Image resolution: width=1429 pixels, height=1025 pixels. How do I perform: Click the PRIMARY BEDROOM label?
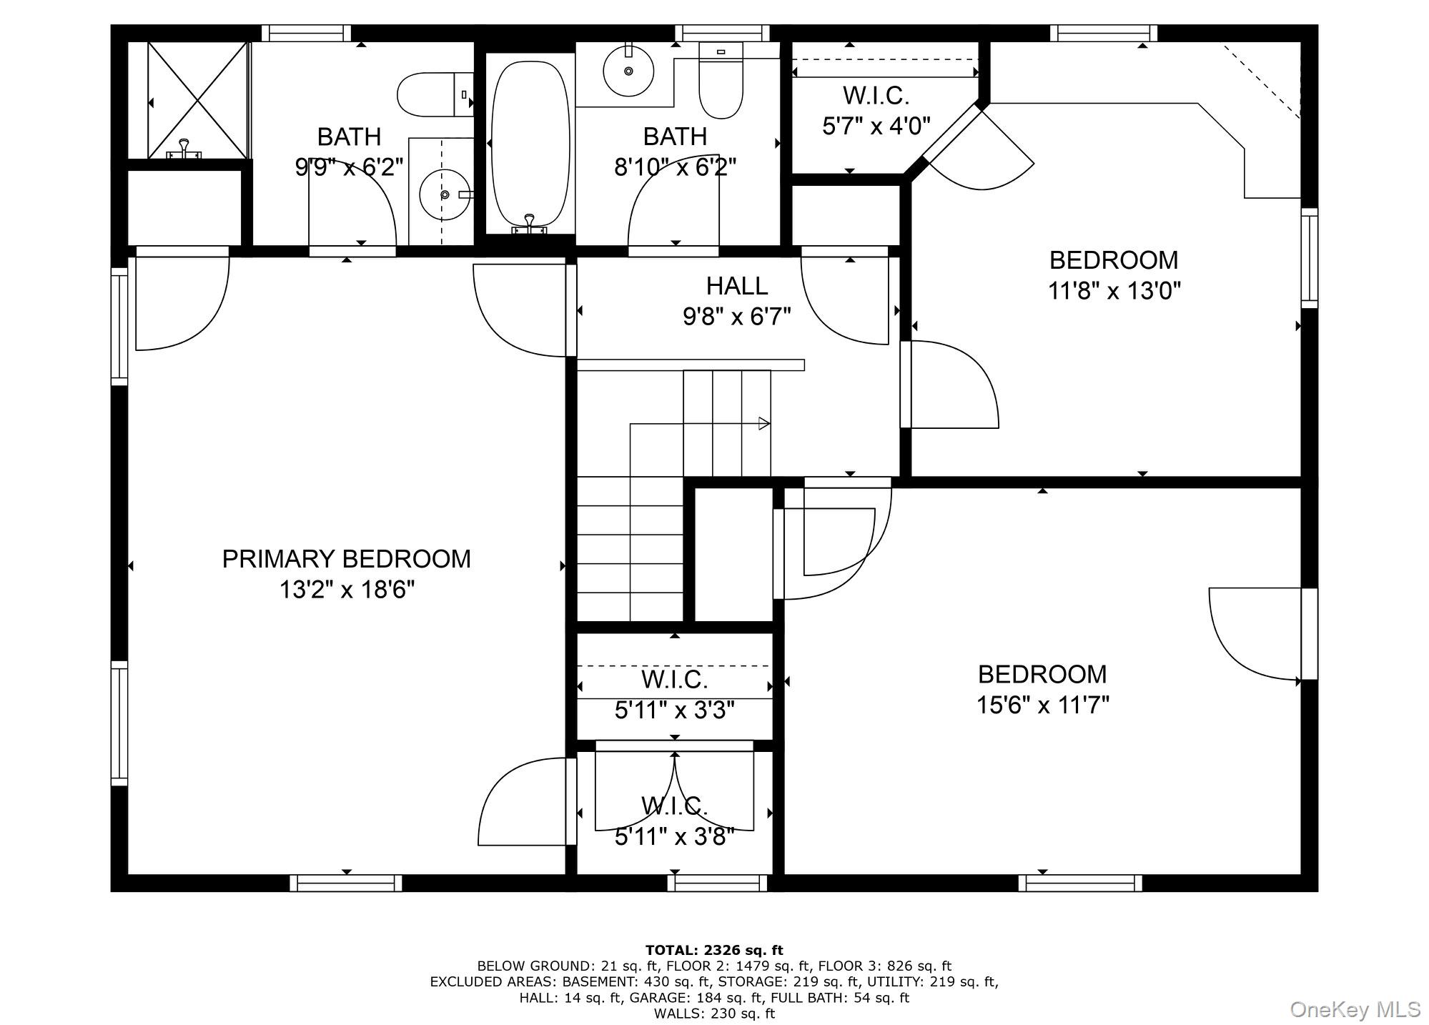pyautogui.click(x=346, y=559)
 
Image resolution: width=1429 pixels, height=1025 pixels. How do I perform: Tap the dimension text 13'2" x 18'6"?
pyautogui.click(x=347, y=590)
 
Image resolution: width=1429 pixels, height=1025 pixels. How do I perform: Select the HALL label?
pyautogui.click(x=736, y=286)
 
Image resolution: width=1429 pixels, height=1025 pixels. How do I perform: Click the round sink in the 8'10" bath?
pyautogui.click(x=628, y=71)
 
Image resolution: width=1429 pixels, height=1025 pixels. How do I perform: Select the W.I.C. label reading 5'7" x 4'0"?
pyautogui.click(x=876, y=95)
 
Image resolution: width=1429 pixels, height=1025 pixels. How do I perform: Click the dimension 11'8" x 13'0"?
pyautogui.click(x=1114, y=291)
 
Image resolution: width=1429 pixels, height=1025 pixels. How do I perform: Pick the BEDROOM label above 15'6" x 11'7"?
pyautogui.click(x=1042, y=674)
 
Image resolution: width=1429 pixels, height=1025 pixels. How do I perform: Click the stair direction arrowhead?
pyautogui.click(x=764, y=423)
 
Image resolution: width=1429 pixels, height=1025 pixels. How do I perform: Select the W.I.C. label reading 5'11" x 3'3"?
pyautogui.click(x=674, y=679)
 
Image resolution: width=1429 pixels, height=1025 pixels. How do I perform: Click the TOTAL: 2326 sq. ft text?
pyautogui.click(x=713, y=950)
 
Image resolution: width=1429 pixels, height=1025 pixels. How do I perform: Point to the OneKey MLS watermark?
pyautogui.click(x=1355, y=1009)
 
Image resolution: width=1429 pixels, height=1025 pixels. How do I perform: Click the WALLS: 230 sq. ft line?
pyautogui.click(x=713, y=1013)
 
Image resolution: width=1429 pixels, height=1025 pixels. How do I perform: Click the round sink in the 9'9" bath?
pyautogui.click(x=445, y=194)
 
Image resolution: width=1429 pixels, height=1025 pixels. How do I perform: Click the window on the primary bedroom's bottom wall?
pyautogui.click(x=346, y=883)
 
